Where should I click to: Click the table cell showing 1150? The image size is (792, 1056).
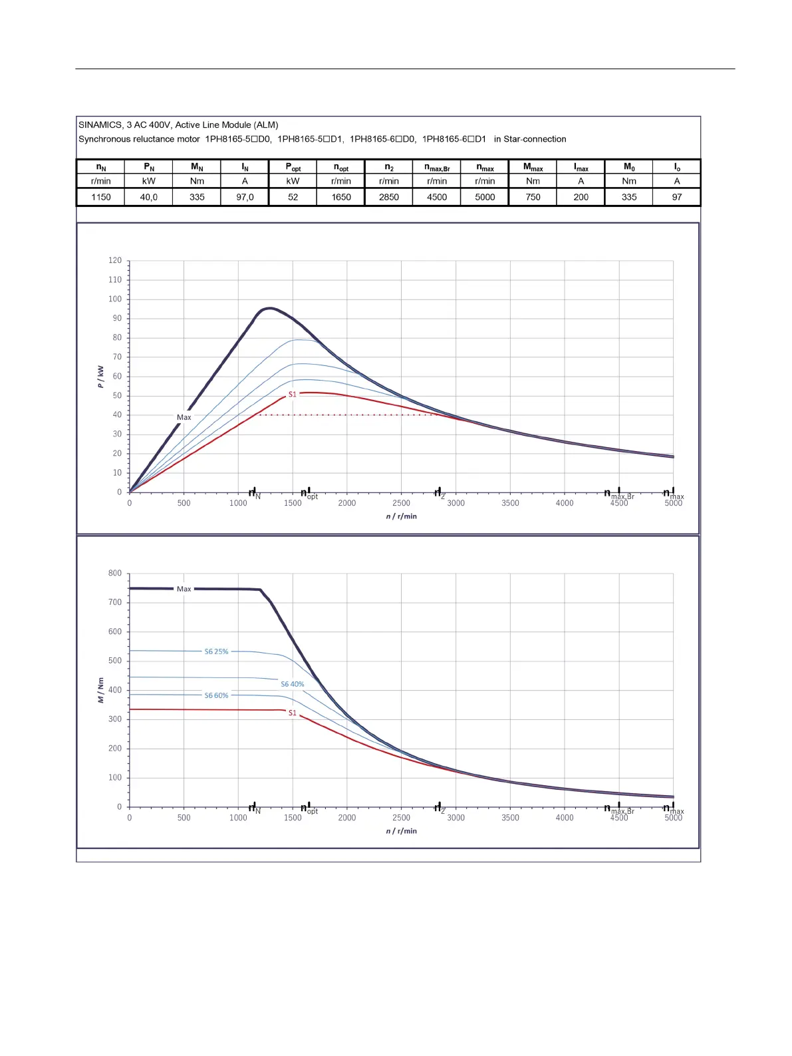[101, 197]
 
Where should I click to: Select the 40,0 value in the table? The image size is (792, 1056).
[149, 197]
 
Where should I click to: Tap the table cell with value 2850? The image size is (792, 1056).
[389, 197]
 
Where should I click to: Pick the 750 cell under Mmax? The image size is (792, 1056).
[533, 197]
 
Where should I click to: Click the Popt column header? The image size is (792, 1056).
[293, 168]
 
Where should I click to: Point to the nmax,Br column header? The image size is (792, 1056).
[437, 168]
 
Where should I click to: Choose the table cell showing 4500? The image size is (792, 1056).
[437, 197]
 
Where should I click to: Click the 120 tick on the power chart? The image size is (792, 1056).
[115, 261]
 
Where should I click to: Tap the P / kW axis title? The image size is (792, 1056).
[100, 377]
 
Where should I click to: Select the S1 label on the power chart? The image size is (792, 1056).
[292, 395]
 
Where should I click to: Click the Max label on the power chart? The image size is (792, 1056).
[184, 418]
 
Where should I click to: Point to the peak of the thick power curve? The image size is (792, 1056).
[269, 308]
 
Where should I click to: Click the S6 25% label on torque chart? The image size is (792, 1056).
[216, 652]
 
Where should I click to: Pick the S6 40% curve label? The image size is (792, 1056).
[292, 684]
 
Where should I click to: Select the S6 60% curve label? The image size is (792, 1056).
[216, 696]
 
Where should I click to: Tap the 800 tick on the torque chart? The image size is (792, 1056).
[115, 574]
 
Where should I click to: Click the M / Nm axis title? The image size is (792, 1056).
[100, 691]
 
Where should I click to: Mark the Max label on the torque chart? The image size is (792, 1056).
[184, 590]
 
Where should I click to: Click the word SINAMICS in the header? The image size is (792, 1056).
[100, 125]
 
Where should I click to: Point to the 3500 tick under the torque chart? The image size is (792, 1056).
[510, 818]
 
